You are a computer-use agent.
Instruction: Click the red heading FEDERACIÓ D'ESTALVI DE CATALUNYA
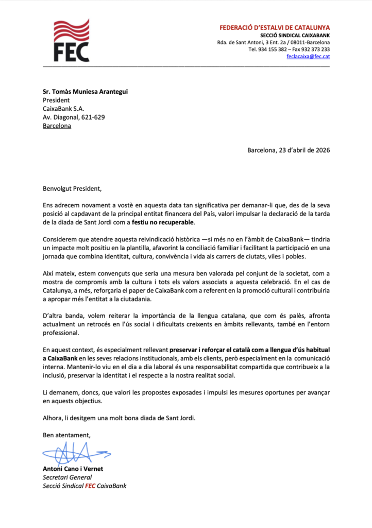275,27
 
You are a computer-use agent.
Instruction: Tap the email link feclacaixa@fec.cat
308,57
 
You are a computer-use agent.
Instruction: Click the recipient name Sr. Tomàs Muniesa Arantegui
85,92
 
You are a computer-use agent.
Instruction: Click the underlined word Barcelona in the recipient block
57,125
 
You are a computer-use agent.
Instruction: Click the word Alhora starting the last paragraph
52,418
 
